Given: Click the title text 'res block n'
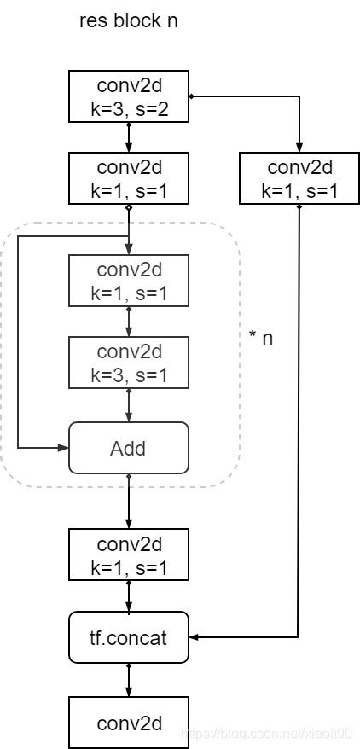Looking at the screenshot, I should (128, 21).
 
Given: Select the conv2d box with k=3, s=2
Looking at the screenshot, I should (128, 96).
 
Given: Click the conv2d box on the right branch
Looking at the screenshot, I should (299, 179).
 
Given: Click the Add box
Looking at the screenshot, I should (128, 448).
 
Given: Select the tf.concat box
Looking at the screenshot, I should (128, 637).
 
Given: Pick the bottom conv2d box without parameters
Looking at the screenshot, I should (128, 723).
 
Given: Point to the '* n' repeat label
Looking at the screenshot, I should (261, 338).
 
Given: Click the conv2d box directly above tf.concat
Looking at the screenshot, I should (128, 554).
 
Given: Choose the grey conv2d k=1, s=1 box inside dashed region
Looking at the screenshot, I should (128, 281).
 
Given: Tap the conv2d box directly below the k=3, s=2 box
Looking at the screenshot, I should (128, 179).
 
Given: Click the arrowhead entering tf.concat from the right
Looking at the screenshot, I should (193, 637).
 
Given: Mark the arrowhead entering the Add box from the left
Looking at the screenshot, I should (64, 448).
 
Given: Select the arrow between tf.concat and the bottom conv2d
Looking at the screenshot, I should (128, 680).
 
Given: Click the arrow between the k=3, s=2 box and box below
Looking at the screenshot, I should (128, 137).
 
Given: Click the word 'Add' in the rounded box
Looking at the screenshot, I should (128, 448).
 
